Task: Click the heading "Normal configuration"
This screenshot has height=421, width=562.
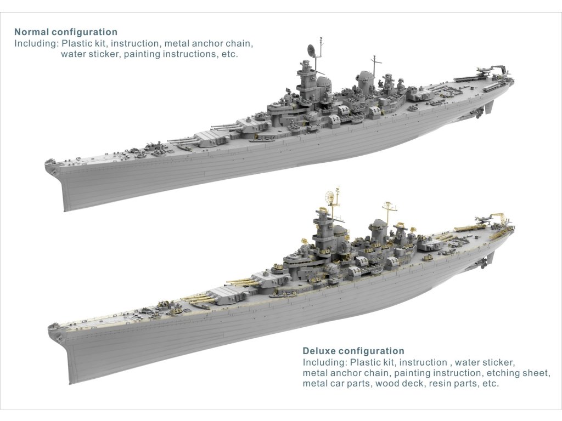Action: pyautogui.click(x=66, y=32)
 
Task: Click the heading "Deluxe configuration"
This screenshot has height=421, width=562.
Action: pyautogui.click(x=353, y=351)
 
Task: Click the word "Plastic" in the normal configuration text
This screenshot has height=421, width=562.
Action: pyautogui.click(x=77, y=43)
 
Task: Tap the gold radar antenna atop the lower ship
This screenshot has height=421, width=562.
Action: pyautogui.click(x=330, y=196)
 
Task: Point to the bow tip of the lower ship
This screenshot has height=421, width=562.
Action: pyautogui.click(x=50, y=328)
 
